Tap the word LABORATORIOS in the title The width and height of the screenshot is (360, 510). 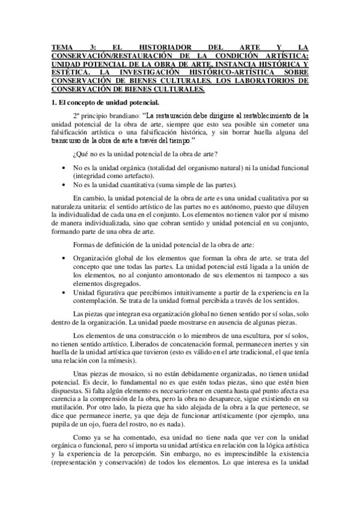(x=269, y=80)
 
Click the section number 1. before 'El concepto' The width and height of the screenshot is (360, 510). (x=53, y=102)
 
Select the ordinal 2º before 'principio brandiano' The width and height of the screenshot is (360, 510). (x=76, y=115)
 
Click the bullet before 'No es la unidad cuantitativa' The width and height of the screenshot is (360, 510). (x=64, y=185)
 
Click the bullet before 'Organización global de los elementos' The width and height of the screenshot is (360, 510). (x=64, y=258)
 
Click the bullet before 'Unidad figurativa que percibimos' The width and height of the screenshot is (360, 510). (x=64, y=292)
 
